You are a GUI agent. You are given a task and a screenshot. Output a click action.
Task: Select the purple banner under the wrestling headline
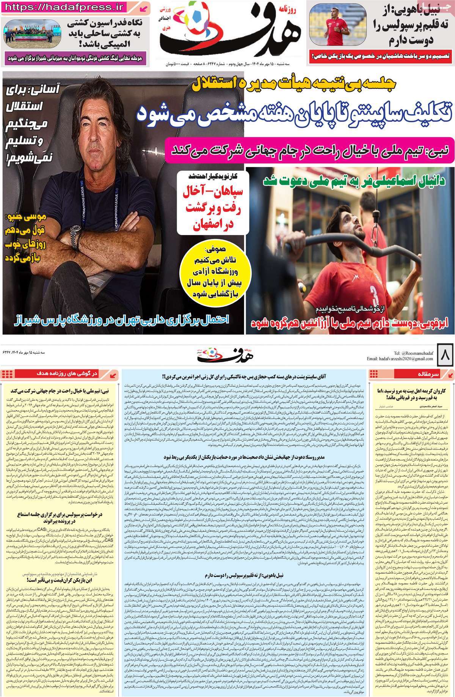(80, 59)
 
